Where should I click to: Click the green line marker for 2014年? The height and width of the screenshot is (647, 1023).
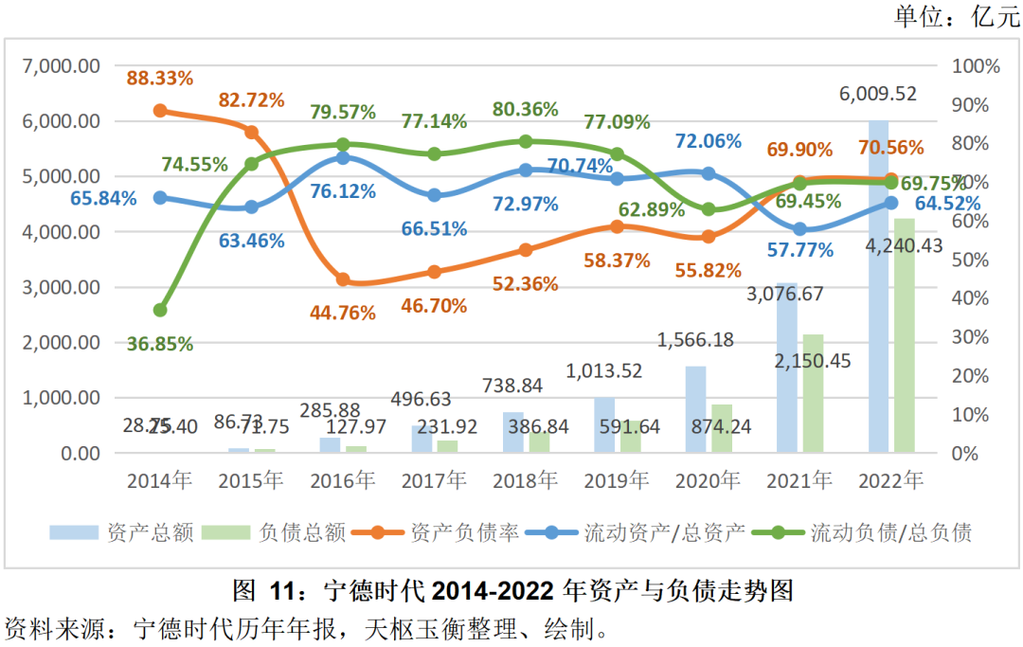click(x=160, y=310)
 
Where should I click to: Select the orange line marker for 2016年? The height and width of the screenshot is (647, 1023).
click(x=343, y=279)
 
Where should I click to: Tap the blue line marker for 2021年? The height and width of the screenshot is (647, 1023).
click(x=799, y=229)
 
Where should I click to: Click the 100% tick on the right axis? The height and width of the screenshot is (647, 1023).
click(x=978, y=66)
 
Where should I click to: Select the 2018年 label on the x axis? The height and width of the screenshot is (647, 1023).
click(x=525, y=480)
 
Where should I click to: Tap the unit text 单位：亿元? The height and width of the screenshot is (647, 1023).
click(x=958, y=16)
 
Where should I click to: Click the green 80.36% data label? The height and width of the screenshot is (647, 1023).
click(x=525, y=110)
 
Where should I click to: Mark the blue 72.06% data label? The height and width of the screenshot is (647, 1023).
click(x=708, y=141)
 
